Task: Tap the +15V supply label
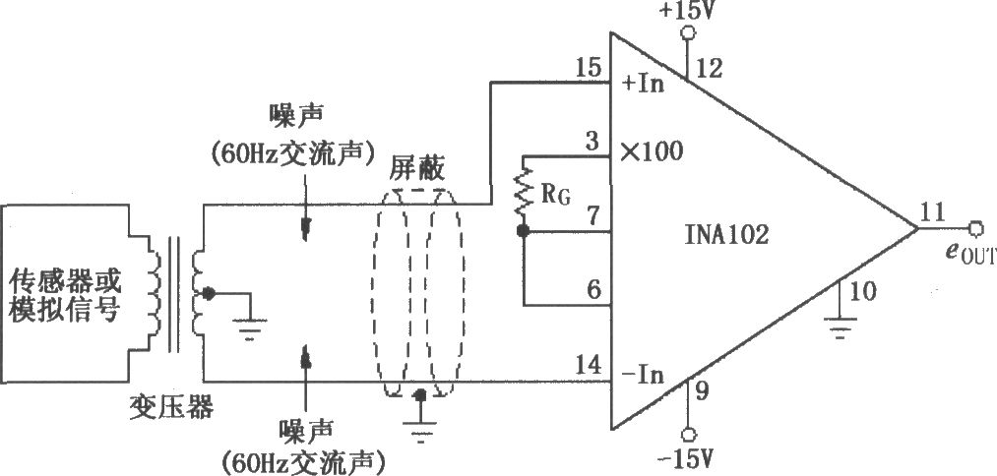(688, 12)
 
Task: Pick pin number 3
(592, 141)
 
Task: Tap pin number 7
(592, 216)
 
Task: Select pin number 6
(593, 290)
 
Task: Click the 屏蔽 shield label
(417, 171)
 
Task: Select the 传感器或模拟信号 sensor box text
(65, 295)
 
